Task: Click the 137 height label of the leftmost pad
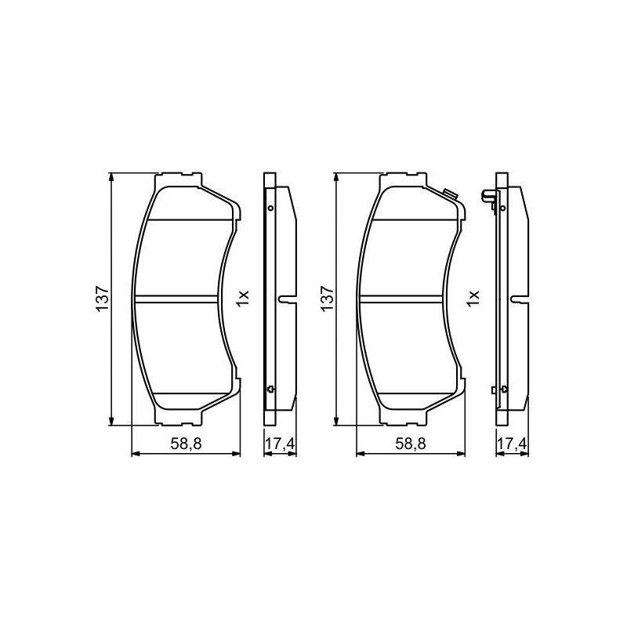(102, 299)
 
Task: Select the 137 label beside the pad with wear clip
(327, 299)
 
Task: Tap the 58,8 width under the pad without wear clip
(186, 444)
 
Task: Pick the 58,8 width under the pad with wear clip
(411, 444)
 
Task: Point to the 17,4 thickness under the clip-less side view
(281, 444)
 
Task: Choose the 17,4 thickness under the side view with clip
(513, 444)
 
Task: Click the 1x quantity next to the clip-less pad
(243, 299)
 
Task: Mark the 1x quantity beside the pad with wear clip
(473, 299)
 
